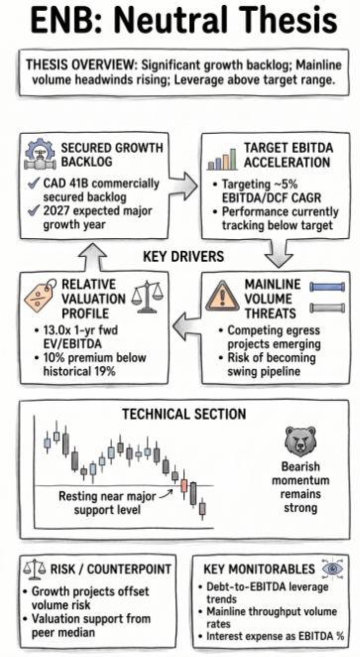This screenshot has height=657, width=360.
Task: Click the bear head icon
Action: point(300,442)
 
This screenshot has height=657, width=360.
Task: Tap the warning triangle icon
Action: point(223,296)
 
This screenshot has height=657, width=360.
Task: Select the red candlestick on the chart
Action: point(183,486)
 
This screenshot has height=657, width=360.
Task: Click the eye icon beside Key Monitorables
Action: point(333,568)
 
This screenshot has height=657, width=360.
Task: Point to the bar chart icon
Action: point(223,159)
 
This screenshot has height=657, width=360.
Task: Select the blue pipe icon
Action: point(327,287)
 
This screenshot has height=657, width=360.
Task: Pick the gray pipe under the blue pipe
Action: point(327,308)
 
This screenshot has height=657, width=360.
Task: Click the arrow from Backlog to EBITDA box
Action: point(183,185)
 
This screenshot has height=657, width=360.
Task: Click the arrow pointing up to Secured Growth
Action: point(93,256)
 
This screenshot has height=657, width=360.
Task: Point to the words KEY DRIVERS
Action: point(183,256)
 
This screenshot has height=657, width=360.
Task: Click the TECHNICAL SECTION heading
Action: point(183,414)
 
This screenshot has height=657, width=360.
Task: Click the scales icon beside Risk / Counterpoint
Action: point(35,569)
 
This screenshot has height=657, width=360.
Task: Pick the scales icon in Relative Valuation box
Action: point(148,296)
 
